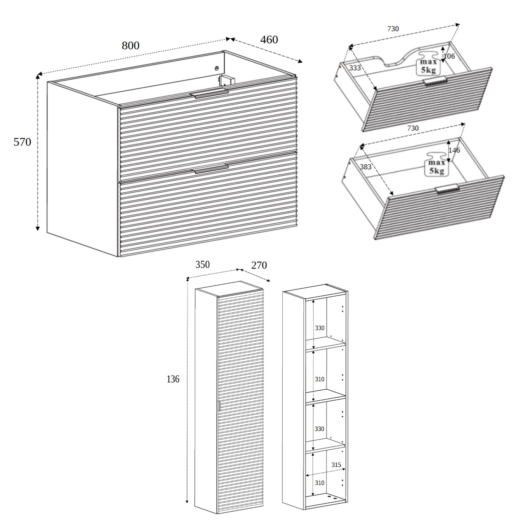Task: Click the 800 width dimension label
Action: click(x=130, y=46)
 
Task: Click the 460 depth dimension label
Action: click(x=269, y=40)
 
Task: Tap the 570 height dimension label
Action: click(x=22, y=142)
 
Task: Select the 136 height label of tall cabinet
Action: click(x=173, y=379)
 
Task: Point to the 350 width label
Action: click(x=202, y=265)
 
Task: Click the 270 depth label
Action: click(x=259, y=265)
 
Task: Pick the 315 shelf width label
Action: click(x=336, y=465)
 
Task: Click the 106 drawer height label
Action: click(x=449, y=56)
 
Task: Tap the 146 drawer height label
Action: click(x=454, y=150)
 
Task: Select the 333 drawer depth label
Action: click(x=355, y=68)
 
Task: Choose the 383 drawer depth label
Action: click(x=365, y=167)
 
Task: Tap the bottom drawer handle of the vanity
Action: click(x=211, y=170)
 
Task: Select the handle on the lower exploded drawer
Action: click(x=448, y=189)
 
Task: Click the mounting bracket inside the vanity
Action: click(x=227, y=80)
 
